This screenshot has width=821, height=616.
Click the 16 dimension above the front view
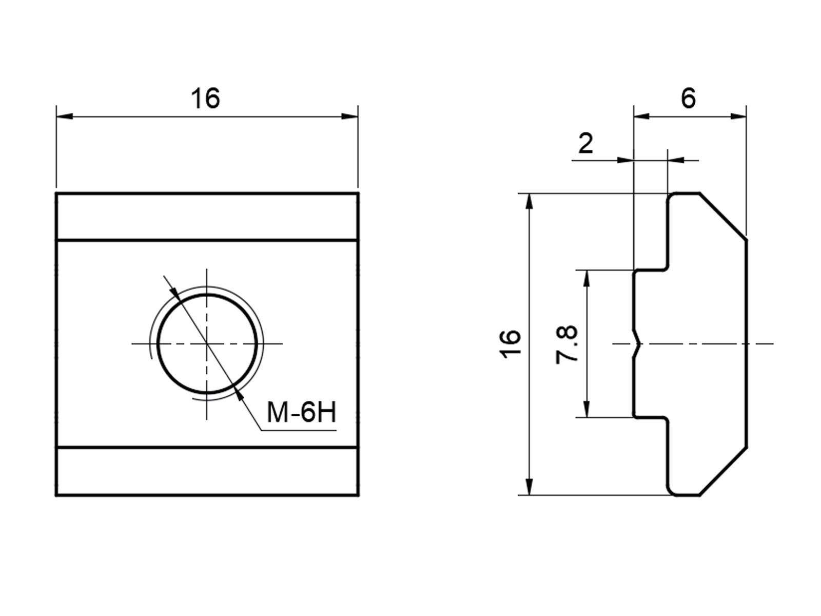pyautogui.click(x=205, y=99)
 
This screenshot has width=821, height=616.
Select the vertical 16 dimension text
pyautogui.click(x=510, y=344)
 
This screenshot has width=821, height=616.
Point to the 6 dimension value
pyautogui.click(x=688, y=99)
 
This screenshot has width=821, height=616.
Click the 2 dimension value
pyautogui.click(x=586, y=143)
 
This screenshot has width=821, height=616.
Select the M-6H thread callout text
pyautogui.click(x=302, y=413)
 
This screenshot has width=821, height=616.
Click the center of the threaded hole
pyautogui.click(x=207, y=344)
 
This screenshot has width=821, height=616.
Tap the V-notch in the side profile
pyautogui.click(x=637, y=344)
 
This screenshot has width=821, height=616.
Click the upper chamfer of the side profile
pyautogui.click(x=723, y=217)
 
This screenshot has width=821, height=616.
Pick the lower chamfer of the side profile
pyautogui.click(x=723, y=471)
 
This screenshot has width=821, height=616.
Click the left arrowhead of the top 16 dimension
pyautogui.click(x=65, y=117)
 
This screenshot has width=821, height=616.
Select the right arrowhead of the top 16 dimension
pyautogui.click(x=350, y=117)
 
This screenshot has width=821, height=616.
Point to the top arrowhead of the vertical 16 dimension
pyautogui.click(x=529, y=202)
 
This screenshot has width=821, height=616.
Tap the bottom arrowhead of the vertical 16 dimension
pyautogui.click(x=529, y=487)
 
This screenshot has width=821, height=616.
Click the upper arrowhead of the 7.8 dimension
pyautogui.click(x=587, y=278)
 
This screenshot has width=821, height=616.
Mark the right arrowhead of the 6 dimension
pyautogui.click(x=738, y=117)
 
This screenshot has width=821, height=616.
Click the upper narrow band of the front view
pyautogui.click(x=207, y=217)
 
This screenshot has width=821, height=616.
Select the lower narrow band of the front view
pyautogui.click(x=207, y=471)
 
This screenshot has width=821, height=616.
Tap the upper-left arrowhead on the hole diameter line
pyautogui.click(x=175, y=294)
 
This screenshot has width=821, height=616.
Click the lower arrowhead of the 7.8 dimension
pyautogui.click(x=587, y=409)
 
